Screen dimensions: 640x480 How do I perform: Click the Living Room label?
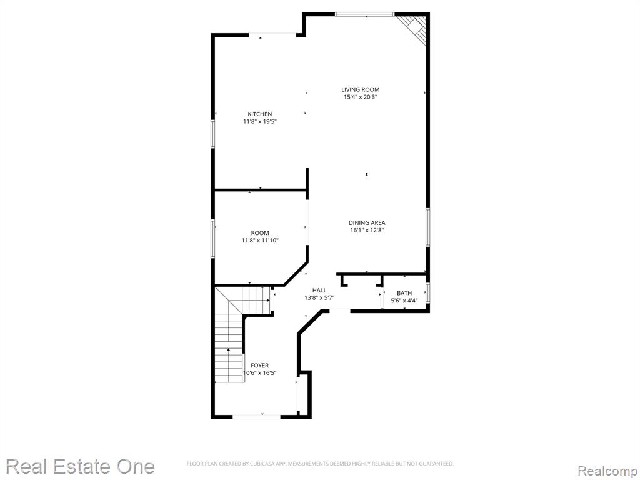(361, 89)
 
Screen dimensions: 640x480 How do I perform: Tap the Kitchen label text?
(260, 114)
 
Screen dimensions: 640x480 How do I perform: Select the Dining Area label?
(367, 223)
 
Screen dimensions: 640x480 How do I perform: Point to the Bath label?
(404, 293)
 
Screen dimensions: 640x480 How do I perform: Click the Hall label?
(319, 290)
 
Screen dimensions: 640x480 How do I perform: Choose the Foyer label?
(259, 366)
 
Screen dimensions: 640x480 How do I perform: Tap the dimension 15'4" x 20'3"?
(361, 97)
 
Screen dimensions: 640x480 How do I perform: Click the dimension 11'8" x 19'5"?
(260, 122)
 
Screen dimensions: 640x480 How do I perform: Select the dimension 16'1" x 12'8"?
(367, 230)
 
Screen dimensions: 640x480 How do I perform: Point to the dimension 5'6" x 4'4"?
(404, 301)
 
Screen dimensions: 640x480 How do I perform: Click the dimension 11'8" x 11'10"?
(260, 241)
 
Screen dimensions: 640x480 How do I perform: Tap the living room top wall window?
(365, 15)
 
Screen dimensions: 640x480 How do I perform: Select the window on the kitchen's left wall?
(212, 134)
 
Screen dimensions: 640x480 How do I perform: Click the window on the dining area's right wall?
(427, 227)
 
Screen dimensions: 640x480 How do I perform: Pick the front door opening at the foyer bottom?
(256, 417)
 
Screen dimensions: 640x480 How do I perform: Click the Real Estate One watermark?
(81, 466)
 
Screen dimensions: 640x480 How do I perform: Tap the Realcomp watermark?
(607, 471)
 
